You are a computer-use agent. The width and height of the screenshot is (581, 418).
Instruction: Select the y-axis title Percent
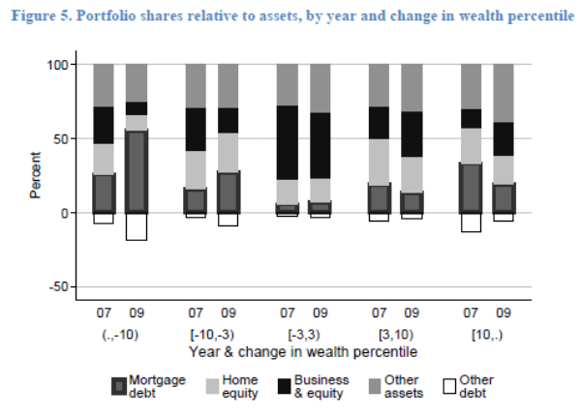36,175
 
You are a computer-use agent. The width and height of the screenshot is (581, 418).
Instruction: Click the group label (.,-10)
120,334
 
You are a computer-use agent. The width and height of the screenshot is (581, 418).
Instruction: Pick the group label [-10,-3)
211,334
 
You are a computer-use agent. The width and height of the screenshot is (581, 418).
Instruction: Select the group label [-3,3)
303,334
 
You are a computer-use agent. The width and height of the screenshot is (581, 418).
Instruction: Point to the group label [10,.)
487,334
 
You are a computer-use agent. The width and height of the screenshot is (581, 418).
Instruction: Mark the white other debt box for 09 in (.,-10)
137,226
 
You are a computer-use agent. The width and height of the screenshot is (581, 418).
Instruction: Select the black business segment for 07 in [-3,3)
288,142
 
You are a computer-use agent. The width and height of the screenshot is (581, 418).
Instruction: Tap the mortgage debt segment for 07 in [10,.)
472,188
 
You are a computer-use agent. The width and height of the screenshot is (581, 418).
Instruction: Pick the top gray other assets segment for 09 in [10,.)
504,93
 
